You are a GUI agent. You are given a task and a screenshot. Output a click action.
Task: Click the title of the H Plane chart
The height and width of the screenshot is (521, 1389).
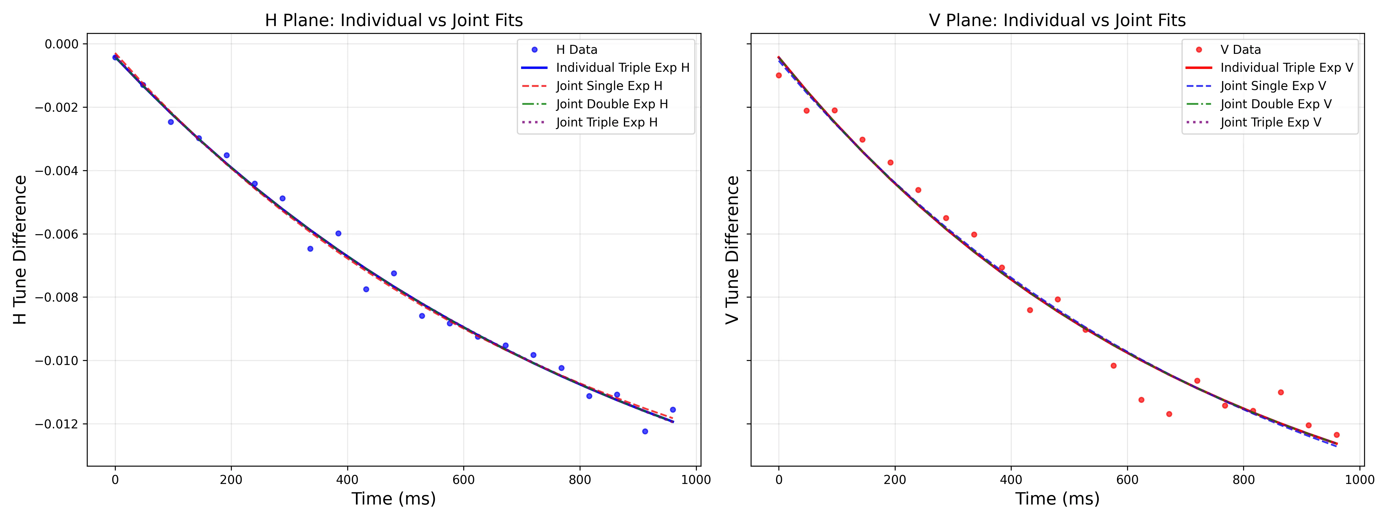pos(394,21)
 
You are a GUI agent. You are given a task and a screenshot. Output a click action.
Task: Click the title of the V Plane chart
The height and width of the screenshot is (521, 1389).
pos(1057,21)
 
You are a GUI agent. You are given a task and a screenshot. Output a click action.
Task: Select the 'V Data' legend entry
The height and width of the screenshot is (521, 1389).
pos(1240,49)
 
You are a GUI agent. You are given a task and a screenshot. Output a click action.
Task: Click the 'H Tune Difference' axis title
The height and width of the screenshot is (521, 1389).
pos(20,250)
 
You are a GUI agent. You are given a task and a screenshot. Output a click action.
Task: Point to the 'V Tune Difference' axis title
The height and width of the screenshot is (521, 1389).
pos(732,250)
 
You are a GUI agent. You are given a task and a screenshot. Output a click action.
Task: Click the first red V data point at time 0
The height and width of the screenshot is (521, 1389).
pos(779,76)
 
